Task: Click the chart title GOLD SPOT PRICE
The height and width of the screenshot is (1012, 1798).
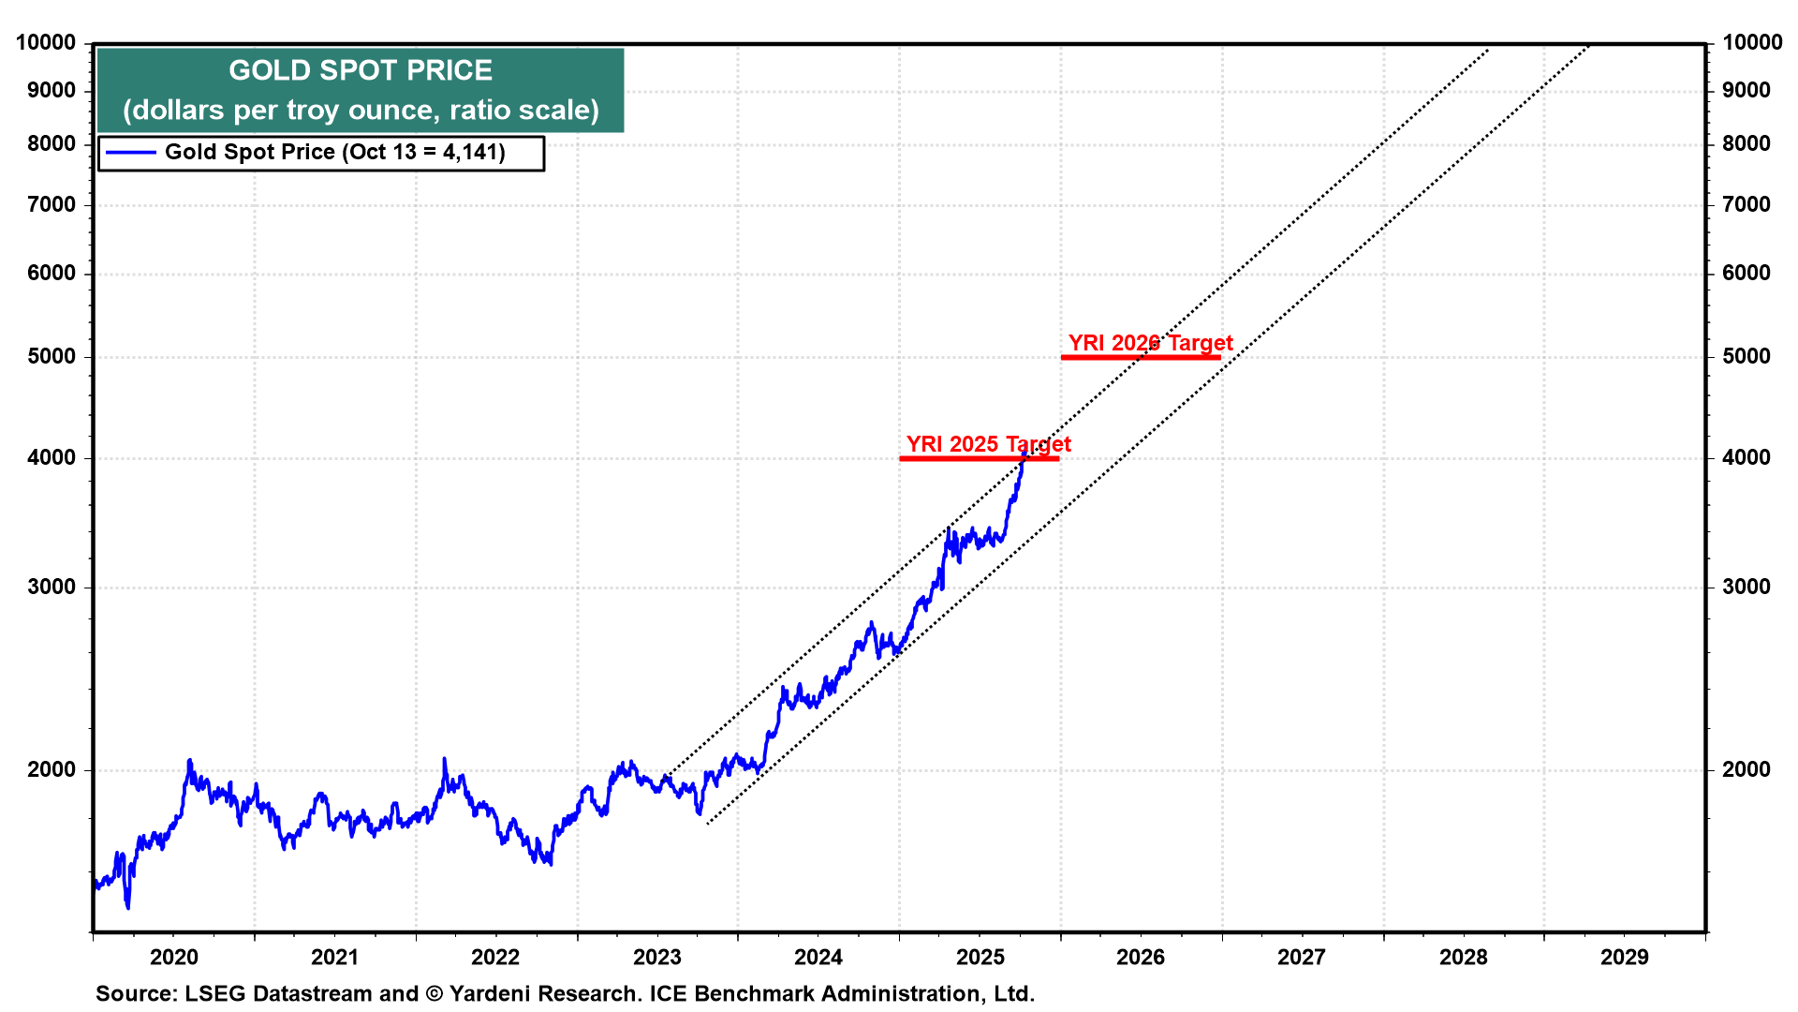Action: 361,70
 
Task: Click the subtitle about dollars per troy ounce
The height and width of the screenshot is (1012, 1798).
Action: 361,111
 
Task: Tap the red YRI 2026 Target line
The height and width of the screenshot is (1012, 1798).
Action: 1141,357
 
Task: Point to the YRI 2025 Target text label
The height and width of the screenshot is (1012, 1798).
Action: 988,443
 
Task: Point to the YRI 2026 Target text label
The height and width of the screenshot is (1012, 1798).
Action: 1150,343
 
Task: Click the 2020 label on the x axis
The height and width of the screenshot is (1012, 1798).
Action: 174,957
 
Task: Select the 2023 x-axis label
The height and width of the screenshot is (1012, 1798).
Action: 656,957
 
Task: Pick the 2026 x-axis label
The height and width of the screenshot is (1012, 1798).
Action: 1141,957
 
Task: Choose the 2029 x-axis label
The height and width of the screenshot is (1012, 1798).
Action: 1624,957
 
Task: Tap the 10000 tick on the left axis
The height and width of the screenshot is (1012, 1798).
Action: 46,42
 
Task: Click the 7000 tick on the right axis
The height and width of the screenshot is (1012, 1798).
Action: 1746,204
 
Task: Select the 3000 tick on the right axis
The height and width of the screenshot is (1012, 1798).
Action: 1746,587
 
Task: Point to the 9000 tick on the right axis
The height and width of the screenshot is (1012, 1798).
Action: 1746,90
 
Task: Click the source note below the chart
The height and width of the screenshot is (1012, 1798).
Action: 565,993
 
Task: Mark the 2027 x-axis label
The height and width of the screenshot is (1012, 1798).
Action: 1302,957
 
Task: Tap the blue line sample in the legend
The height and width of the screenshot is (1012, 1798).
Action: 131,153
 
